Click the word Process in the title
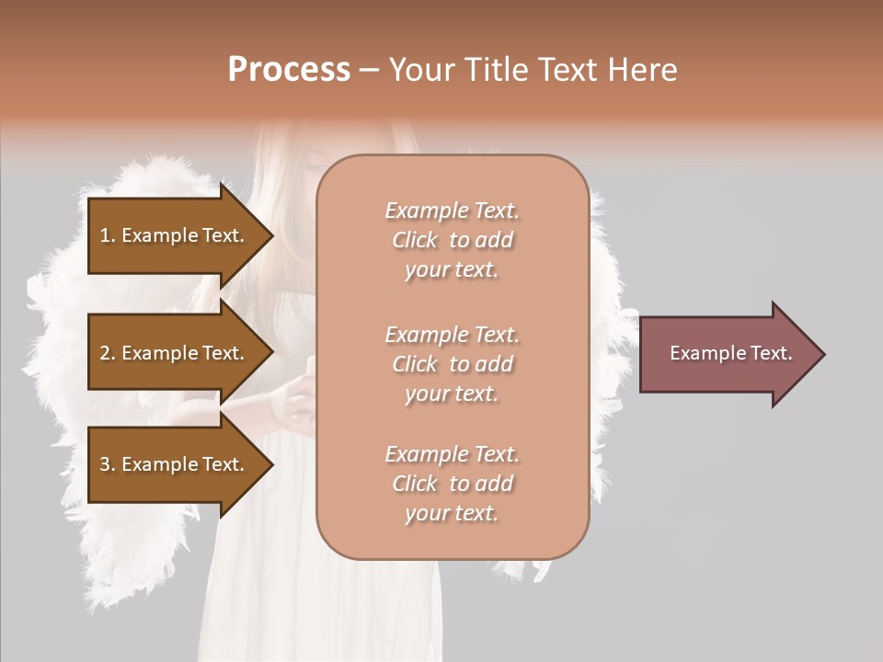289,70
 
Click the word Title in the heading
497,70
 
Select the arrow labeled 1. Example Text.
173,235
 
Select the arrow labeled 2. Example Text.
173,353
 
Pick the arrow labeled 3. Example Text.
173,464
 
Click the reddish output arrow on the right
727,354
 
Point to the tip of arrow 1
271,235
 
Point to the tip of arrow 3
271,464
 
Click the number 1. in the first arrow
108,235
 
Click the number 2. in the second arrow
108,353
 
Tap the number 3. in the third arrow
108,464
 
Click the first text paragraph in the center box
452,240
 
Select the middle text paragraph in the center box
452,364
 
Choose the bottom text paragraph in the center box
452,484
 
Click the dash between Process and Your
369,70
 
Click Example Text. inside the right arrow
730,353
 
